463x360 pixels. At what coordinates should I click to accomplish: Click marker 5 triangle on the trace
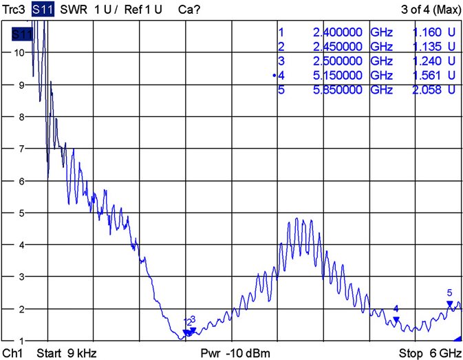pyautogui.click(x=449, y=304)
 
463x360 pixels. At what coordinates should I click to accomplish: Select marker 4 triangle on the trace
pyautogui.click(x=396, y=319)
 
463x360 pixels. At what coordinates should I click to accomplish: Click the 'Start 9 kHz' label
pyautogui.click(x=67, y=353)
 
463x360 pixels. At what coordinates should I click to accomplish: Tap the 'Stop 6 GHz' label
pyautogui.click(x=427, y=353)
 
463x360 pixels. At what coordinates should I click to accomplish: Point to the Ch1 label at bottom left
pyautogui.click(x=12, y=353)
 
